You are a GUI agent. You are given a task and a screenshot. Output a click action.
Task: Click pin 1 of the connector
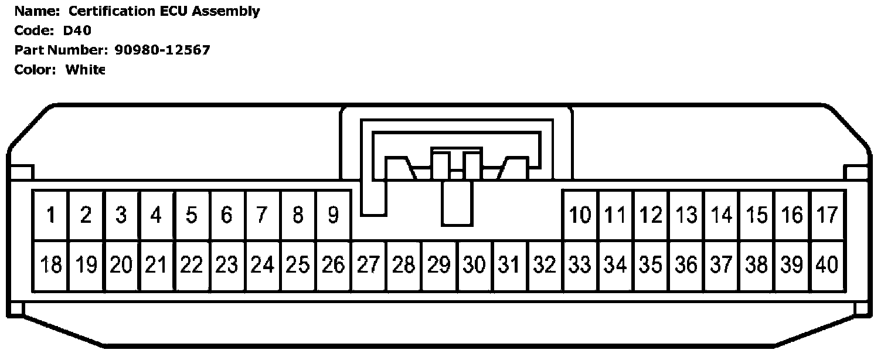click(51, 215)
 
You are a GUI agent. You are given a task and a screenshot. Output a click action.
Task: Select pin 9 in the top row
click(333, 215)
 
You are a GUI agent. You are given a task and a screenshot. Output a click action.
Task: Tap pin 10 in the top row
click(580, 215)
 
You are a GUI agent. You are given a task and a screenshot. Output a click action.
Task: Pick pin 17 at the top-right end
click(827, 215)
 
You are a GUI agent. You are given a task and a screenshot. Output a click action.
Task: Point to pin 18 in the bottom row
click(51, 266)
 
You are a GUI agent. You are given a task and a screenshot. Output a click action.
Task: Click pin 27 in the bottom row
click(368, 266)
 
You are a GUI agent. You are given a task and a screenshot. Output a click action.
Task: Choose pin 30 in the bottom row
click(474, 266)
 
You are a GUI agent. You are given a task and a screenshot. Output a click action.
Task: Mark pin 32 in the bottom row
click(545, 266)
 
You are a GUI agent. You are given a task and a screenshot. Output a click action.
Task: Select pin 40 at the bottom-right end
click(827, 266)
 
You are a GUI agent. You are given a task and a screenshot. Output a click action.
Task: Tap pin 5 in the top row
click(192, 215)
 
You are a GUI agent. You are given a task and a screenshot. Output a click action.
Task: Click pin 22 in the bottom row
click(192, 266)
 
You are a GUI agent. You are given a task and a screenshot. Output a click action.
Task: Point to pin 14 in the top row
click(722, 215)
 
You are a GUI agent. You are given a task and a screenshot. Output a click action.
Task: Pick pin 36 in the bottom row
click(686, 266)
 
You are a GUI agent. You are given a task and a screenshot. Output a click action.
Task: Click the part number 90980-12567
click(162, 50)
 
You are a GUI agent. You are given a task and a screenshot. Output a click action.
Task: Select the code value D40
click(77, 30)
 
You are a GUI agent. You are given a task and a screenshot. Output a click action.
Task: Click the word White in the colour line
click(85, 69)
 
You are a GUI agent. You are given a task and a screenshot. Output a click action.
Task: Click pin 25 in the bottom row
click(298, 266)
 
